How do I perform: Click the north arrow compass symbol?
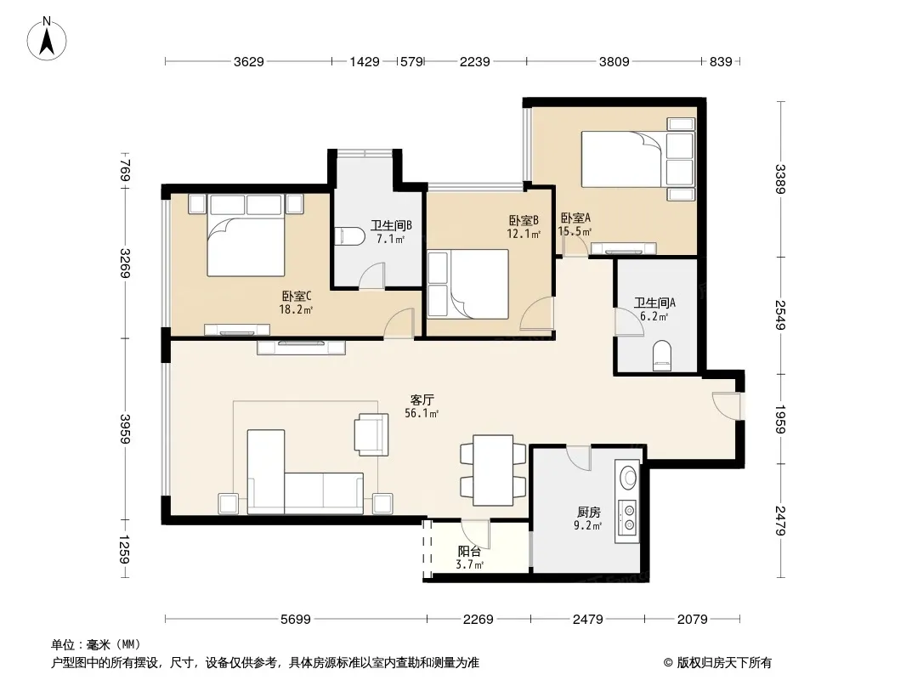pos(47,38)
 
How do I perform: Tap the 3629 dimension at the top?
pos(248,61)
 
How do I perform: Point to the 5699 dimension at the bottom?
pos(295,620)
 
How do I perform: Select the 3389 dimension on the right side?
pos(780,179)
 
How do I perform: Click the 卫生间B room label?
pos(391,225)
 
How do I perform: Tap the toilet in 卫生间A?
pos(661,355)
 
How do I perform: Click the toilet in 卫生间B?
pos(349,235)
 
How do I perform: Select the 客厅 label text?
pos(422,399)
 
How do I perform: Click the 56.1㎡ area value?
pos(422,413)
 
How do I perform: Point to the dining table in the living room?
pos(493,470)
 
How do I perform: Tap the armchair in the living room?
pos(371,434)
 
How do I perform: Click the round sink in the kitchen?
pos(627,478)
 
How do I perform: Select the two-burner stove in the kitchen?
pos(627,518)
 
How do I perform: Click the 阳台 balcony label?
pos(469,552)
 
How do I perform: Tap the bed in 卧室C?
pos(246,235)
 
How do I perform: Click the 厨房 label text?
pos(589,512)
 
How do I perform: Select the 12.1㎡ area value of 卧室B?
pos(524,234)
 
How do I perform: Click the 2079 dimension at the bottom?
pos(692,620)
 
